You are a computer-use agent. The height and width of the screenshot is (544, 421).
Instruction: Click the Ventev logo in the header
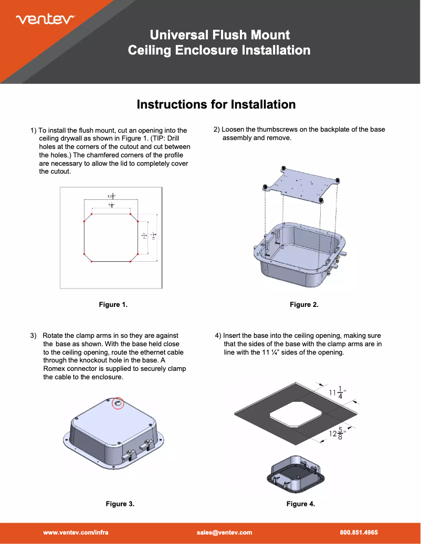point(46,19)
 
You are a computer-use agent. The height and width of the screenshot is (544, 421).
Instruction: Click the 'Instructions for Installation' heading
point(216,104)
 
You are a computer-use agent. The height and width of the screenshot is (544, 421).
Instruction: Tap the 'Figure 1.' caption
point(113,304)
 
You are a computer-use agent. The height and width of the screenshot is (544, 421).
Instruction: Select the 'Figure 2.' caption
point(304,304)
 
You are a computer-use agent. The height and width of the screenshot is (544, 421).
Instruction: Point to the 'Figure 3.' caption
point(120,504)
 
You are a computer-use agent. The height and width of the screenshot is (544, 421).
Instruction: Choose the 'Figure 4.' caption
point(300,504)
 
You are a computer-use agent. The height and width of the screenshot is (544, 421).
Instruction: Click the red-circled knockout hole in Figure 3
point(118,403)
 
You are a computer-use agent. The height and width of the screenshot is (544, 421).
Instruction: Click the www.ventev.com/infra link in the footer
point(76,532)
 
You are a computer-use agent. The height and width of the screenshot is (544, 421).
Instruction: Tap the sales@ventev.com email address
point(224,532)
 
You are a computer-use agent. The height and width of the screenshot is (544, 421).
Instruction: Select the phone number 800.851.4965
point(359,532)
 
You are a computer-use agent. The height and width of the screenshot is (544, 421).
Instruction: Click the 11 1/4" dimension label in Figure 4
point(338,392)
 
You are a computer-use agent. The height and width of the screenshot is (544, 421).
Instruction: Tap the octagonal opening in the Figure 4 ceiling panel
point(296,415)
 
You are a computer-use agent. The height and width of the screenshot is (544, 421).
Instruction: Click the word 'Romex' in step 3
point(55,369)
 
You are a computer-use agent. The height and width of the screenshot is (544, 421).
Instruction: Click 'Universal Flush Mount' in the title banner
point(219,35)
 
